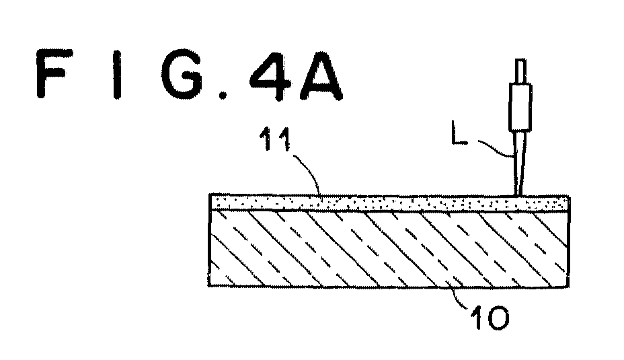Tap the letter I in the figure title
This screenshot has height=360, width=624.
tap(116, 74)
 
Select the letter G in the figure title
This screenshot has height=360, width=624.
tap(183, 74)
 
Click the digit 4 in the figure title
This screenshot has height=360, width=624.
tap(270, 75)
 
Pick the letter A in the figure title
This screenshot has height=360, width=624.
tap(321, 75)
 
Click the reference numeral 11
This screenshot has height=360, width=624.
tap(275, 139)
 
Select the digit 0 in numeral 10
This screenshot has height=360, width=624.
tap(496, 318)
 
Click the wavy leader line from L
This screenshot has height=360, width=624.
tap(495, 148)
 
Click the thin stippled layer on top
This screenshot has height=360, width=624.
tap(389, 203)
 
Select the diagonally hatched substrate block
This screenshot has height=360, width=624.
tap(389, 248)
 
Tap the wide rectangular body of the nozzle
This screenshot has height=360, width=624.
tap(520, 107)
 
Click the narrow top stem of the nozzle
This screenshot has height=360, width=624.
tap(520, 71)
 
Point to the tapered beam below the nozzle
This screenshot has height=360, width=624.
tap(521, 164)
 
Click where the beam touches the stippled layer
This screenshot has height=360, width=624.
tap(519, 196)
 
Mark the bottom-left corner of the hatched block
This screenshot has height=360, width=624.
tap(209, 286)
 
